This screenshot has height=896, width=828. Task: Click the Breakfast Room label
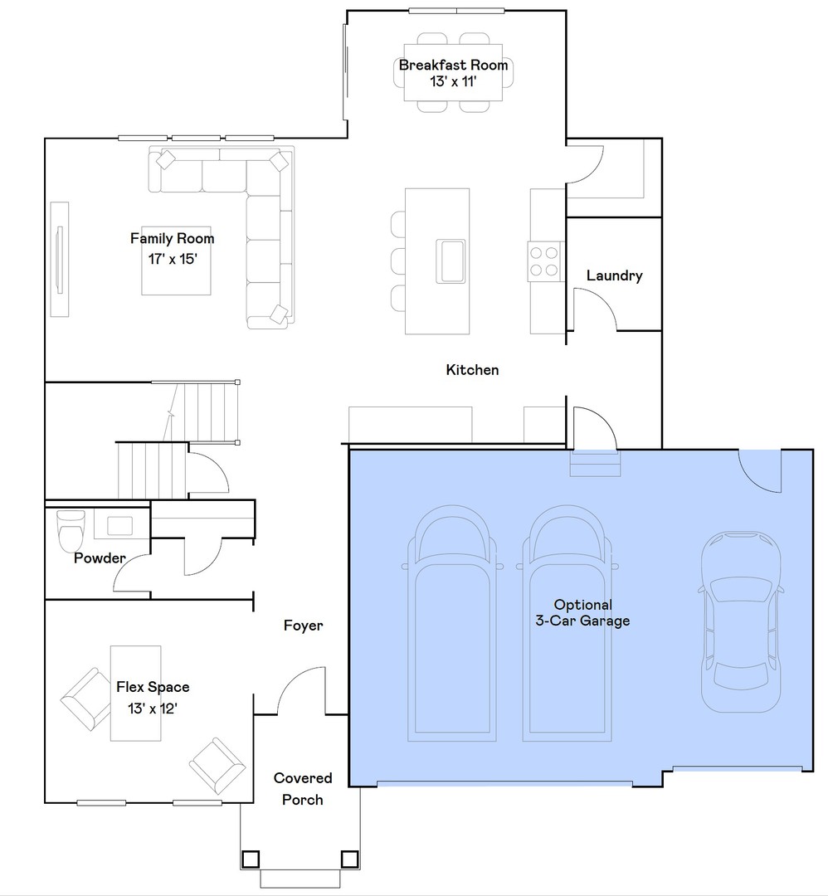[x=453, y=66]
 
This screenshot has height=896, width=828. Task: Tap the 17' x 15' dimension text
[x=172, y=258]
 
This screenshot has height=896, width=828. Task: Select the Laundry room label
[x=614, y=275]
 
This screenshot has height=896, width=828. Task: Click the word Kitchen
[x=472, y=370]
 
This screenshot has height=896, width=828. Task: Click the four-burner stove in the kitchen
[x=545, y=261]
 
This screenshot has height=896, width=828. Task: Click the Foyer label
[x=303, y=626]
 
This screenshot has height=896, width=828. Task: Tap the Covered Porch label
[x=303, y=789]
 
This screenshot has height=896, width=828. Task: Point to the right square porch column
[x=350, y=859]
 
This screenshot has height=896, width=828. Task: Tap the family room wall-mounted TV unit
[x=59, y=259]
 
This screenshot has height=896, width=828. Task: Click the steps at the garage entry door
[x=594, y=464]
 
